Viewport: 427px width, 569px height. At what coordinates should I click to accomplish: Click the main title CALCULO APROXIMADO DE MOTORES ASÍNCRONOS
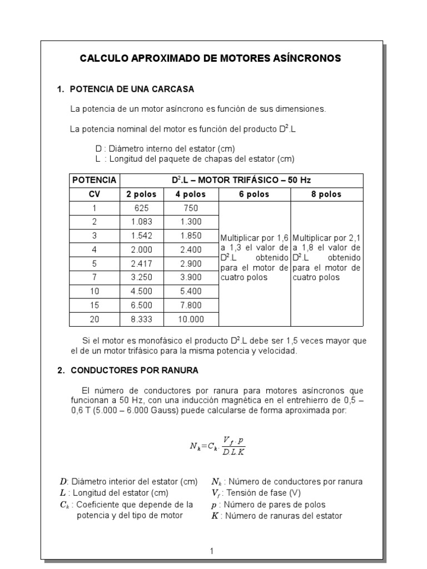point(211,58)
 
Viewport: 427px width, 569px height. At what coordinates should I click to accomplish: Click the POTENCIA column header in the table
point(94,180)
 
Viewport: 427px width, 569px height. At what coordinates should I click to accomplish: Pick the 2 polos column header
point(141,194)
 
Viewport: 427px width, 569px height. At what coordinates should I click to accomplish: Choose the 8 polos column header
point(326,194)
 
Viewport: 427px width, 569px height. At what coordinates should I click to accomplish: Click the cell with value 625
point(141,208)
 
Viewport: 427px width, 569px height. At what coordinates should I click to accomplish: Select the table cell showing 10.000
point(191,319)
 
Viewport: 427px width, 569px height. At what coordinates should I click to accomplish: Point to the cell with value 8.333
point(141,319)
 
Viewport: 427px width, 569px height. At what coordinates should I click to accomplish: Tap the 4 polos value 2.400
point(191,249)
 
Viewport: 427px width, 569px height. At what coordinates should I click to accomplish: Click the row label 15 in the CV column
point(94,305)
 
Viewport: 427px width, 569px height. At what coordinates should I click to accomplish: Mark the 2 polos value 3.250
point(141,277)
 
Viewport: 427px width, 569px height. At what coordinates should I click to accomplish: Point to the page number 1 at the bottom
point(211,551)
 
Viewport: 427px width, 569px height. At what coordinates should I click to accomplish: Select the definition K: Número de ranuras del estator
point(277,516)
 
